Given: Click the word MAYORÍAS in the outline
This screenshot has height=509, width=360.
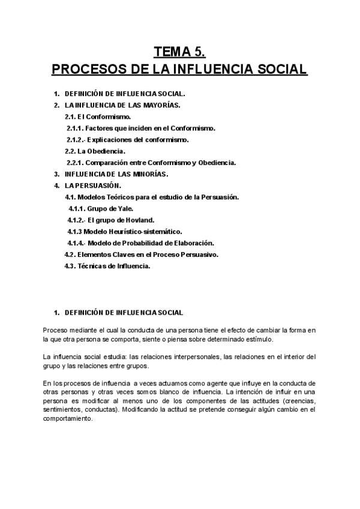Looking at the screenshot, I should pos(159,105).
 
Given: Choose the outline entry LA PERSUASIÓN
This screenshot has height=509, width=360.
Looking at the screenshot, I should pos(93,185).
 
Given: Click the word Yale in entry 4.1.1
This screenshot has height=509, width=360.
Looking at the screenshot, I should pos(118,208).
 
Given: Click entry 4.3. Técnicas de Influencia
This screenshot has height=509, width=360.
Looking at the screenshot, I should pos(107,266).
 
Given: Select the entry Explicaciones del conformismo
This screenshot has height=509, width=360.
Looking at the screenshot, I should pos(137,139).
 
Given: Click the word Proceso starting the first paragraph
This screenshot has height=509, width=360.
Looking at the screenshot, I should pos(56,330).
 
